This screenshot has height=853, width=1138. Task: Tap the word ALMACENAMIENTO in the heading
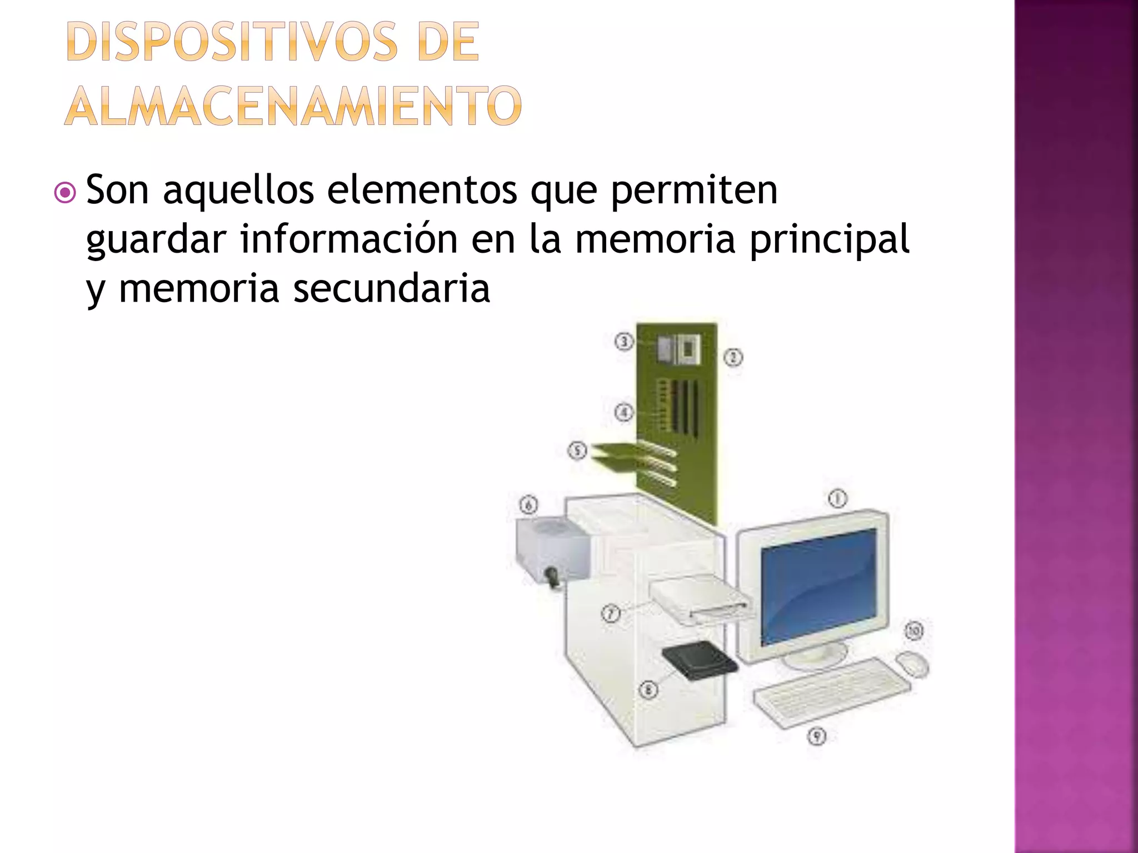[x=293, y=106]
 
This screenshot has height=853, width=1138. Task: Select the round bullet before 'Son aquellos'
[x=66, y=193]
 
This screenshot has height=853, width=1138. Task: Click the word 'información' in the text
[x=349, y=239]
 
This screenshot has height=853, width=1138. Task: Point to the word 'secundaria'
[x=391, y=289]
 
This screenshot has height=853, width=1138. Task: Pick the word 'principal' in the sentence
[x=829, y=239]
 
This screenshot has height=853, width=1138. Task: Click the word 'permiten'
[x=694, y=190]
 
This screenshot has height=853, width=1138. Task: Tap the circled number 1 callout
[x=838, y=498]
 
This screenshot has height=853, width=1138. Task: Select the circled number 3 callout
[x=624, y=342]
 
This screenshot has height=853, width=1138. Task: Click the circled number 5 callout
[x=577, y=450]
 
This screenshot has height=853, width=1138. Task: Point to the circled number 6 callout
[x=528, y=505]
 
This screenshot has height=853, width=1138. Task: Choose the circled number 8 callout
[x=648, y=690]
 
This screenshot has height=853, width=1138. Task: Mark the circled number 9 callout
[x=816, y=736]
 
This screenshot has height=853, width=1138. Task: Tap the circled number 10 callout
[x=914, y=631]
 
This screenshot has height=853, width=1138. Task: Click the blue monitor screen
[x=818, y=586]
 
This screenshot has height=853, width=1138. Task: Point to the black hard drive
[x=700, y=660]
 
